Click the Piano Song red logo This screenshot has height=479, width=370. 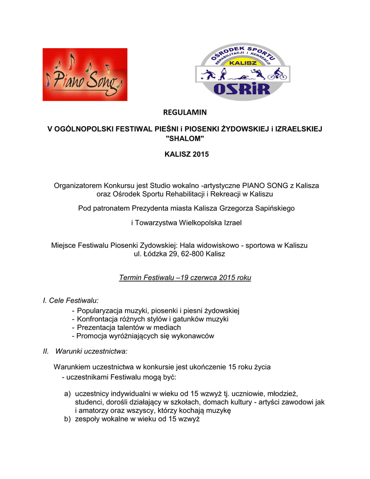click(x=85, y=74)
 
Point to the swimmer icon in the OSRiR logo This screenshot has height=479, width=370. click(x=240, y=76)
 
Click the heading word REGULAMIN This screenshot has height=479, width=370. click(x=184, y=112)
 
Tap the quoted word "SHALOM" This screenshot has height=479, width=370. click(x=185, y=139)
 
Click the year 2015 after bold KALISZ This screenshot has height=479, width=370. click(x=200, y=154)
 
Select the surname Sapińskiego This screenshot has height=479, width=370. click(x=271, y=208)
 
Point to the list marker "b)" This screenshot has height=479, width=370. click(x=68, y=419)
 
